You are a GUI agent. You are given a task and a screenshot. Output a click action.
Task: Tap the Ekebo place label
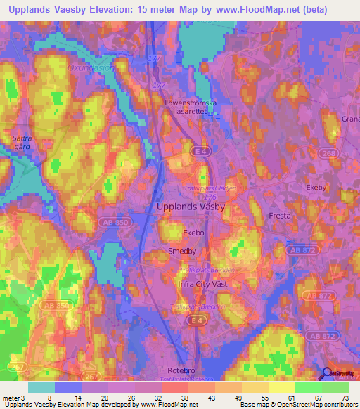coord(193,231)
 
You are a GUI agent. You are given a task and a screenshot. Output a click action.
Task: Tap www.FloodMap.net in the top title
coord(271,8)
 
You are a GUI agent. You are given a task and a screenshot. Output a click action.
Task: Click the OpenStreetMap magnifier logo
coord(326,374)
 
